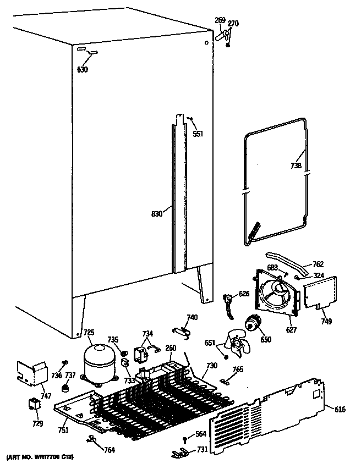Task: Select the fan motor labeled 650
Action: click(253, 325)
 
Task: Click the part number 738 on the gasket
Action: click(296, 165)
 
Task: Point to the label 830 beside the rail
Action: click(157, 214)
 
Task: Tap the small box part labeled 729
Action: click(35, 405)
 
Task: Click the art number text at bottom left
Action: click(40, 457)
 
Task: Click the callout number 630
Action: click(83, 69)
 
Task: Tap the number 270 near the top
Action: click(233, 23)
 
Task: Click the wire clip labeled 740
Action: click(182, 329)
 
